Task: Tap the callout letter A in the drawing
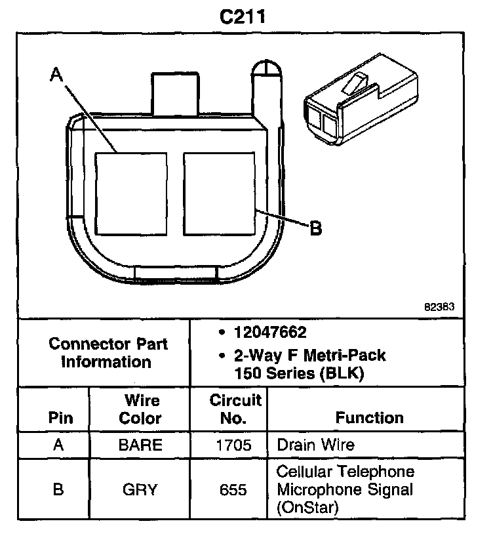[x=57, y=76]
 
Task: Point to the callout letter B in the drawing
[x=315, y=229]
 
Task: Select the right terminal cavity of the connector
[x=218, y=194]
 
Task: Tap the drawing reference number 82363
[x=439, y=306]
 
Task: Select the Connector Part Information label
[x=108, y=352]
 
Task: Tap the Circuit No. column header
[x=235, y=409]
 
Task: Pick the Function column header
[x=370, y=418]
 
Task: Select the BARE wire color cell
[x=140, y=445]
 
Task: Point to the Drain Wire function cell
[x=316, y=445]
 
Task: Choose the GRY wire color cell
[x=140, y=490]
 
